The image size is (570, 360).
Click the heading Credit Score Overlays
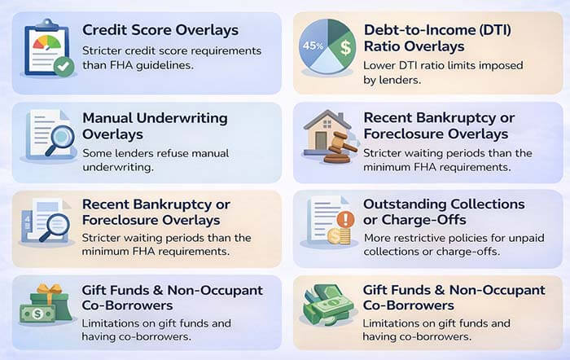[x=160, y=30]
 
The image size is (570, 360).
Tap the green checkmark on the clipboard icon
[x=63, y=67]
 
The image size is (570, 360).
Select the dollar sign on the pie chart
[x=344, y=46]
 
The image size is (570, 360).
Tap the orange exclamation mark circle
[x=345, y=220]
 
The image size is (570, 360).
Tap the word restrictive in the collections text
[x=426, y=238]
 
